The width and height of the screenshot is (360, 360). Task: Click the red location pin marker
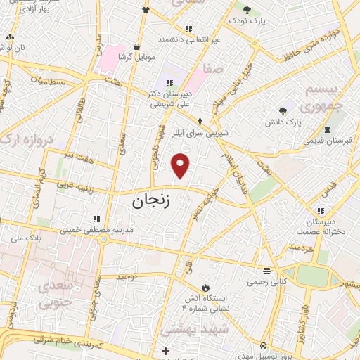coord(181,165)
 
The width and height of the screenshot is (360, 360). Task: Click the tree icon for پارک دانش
coord(283,110)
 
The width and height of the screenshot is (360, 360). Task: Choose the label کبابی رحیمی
coord(265,282)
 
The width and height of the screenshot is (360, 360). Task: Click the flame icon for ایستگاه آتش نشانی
coord(205,288)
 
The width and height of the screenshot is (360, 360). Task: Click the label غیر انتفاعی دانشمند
coord(188,39)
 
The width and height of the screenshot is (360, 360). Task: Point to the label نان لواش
coord(14,46)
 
